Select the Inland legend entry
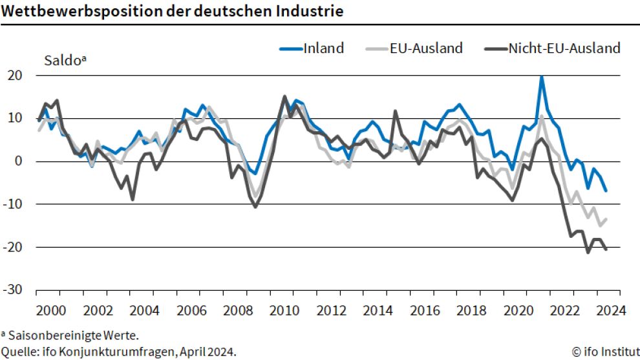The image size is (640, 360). (323, 48)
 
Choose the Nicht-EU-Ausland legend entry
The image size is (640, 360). (564, 48)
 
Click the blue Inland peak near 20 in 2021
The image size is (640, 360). (542, 76)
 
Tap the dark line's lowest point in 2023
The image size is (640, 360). (588, 251)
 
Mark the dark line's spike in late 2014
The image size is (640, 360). (395, 112)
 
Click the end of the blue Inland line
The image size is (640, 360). (606, 191)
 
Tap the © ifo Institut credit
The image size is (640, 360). (604, 352)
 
